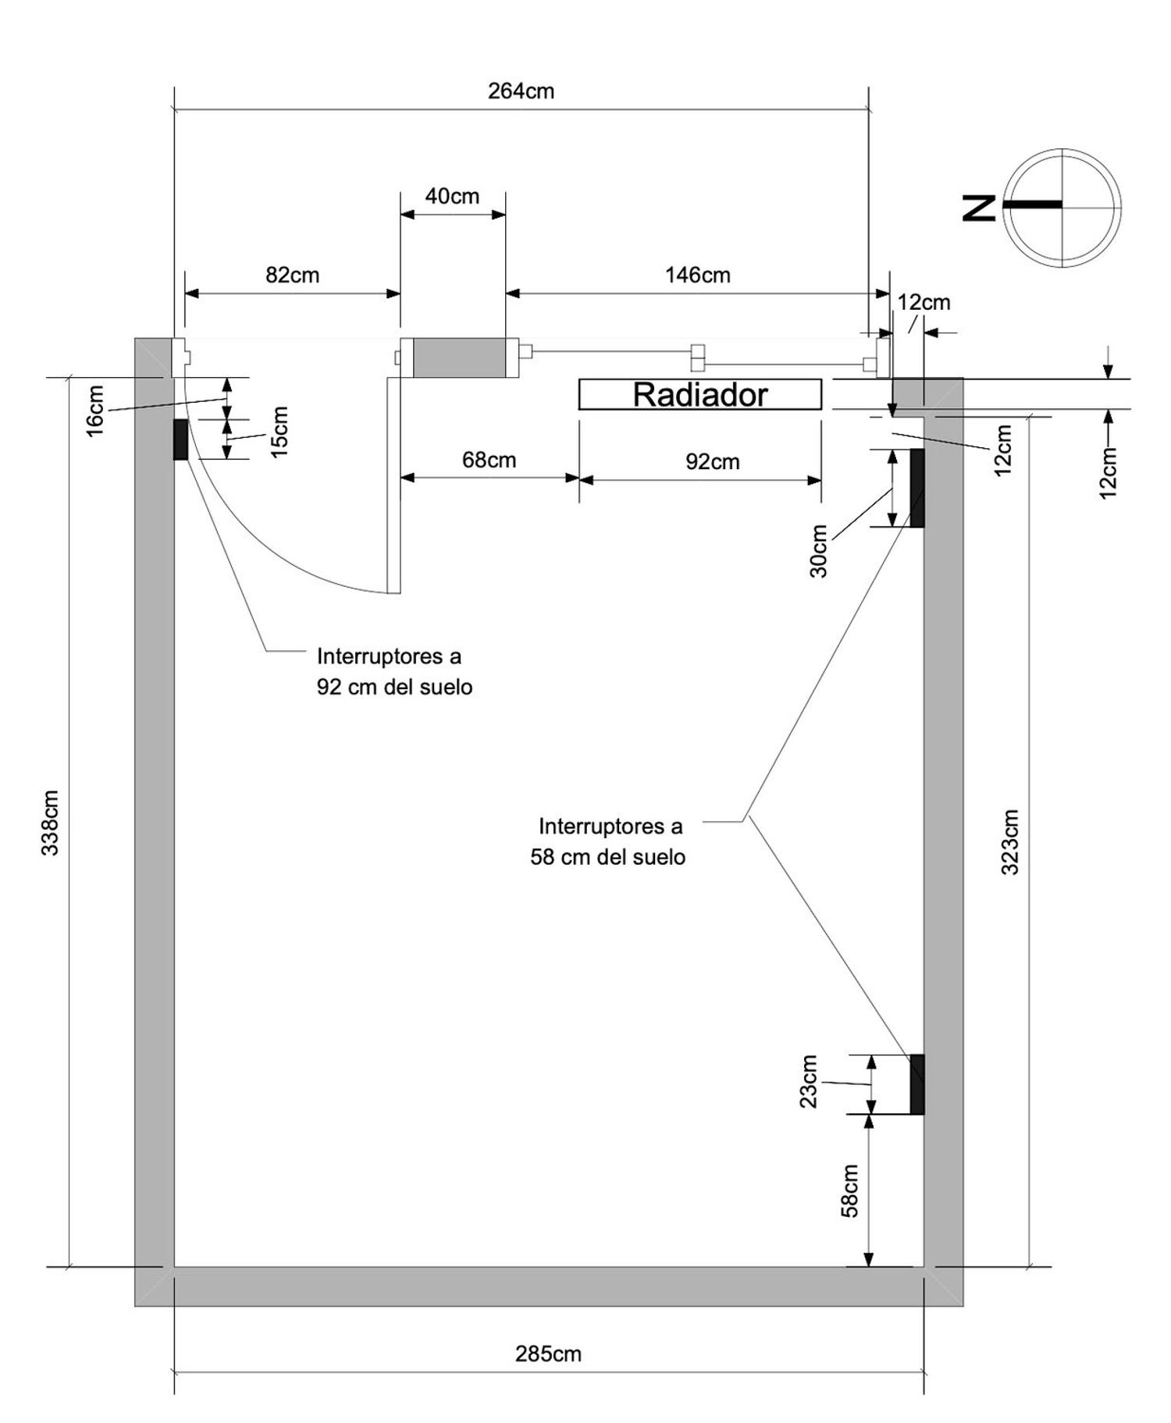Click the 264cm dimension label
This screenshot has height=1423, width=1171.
coord(521,91)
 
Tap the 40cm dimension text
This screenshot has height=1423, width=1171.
coord(452,196)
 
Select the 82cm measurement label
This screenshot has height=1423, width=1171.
coord(292,275)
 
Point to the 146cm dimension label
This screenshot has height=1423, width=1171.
coord(697,275)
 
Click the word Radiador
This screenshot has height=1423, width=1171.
coord(699,395)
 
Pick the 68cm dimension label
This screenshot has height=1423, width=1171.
coord(489,460)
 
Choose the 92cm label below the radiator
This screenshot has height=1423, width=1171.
coord(712,461)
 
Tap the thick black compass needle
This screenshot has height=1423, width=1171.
coord(1033,205)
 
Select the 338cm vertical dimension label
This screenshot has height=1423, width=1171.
coord(51,823)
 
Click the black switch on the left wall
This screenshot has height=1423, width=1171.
coord(180,439)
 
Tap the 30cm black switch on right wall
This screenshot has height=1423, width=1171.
coord(917,488)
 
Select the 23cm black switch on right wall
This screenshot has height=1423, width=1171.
coord(917,1084)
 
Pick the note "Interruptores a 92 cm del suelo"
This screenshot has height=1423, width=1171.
coord(394,671)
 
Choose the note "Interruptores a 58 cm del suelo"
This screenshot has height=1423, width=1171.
coord(609,841)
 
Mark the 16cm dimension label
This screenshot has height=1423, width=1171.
coord(94,411)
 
